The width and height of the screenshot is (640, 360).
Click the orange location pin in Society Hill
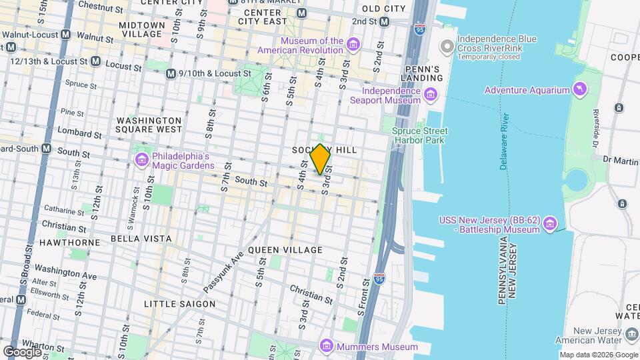[321, 159]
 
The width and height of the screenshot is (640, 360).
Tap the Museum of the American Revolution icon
[353, 45]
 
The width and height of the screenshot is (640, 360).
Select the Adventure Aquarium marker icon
[581, 90]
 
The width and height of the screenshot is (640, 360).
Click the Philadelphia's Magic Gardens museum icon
[141, 160]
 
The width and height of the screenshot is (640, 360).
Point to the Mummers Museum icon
[326, 346]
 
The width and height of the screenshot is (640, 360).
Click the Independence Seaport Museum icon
[431, 95]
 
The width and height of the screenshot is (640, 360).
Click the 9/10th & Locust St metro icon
[171, 73]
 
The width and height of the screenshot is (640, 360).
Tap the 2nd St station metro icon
[385, 21]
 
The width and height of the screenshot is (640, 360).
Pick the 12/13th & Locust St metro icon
[96, 61]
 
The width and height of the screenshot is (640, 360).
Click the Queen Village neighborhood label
[285, 250]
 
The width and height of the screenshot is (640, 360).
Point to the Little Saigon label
[179, 304]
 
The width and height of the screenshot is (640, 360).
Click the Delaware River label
[504, 141]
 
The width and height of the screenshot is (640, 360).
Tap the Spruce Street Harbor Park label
[420, 135]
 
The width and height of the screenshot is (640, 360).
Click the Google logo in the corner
[22, 351]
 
